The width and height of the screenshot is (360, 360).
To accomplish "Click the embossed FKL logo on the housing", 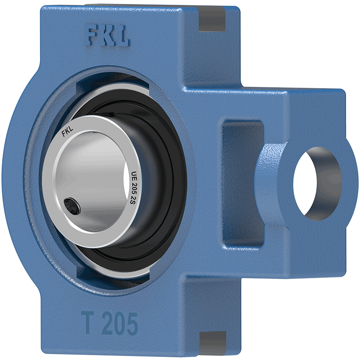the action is pyautogui.click(x=108, y=36).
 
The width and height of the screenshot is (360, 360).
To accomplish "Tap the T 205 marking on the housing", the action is pyautogui.click(x=109, y=323).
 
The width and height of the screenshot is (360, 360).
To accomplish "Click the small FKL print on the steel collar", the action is pyautogui.click(x=67, y=132).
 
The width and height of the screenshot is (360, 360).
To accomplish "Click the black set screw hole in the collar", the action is pyautogui.click(x=72, y=206).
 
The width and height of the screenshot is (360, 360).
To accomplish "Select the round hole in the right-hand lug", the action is pyautogui.click(x=318, y=184).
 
